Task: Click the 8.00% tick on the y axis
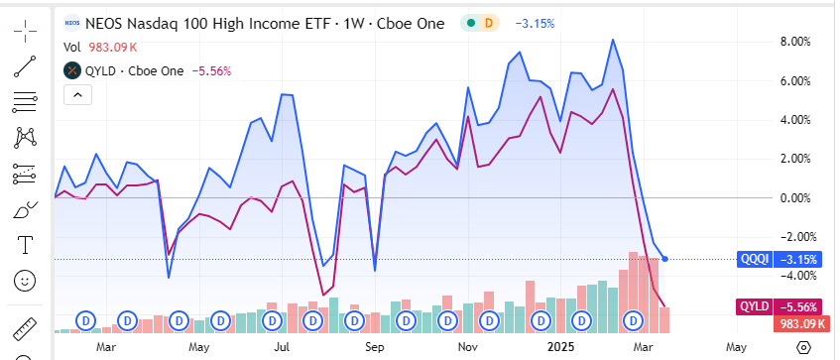pyautogui.click(x=795, y=42)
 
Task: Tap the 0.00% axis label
pyautogui.click(x=795, y=197)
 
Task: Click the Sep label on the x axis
pyautogui.click(x=374, y=347)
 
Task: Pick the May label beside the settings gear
pyautogui.click(x=736, y=347)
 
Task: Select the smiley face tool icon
pyautogui.click(x=25, y=281)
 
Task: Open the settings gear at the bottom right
pyautogui.click(x=804, y=347)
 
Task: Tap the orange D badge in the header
pyautogui.click(x=488, y=22)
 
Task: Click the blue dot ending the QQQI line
pyautogui.click(x=664, y=259)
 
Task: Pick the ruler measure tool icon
pyautogui.click(x=25, y=328)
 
